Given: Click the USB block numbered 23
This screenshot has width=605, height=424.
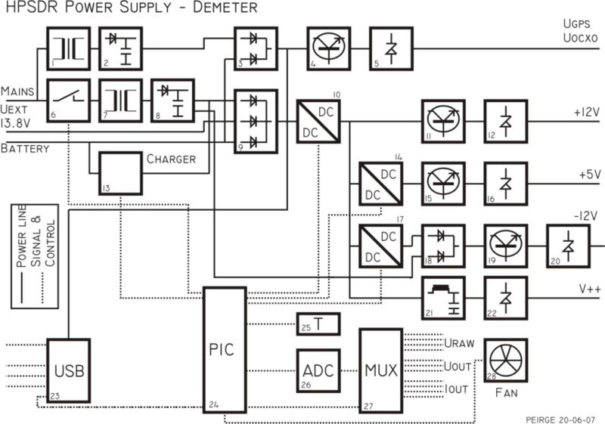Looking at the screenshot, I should coord(69,370).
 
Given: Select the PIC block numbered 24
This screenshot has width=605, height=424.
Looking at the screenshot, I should coord(223,350).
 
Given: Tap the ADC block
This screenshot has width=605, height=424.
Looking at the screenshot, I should coord(318,371).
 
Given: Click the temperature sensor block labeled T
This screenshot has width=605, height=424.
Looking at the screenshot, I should coord(318,324).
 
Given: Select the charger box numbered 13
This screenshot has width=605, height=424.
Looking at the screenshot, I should coord(119,173).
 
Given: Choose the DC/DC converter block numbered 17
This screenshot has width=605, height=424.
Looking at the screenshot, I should coord(381,246).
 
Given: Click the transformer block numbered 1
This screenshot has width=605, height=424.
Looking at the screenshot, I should coord(68,48).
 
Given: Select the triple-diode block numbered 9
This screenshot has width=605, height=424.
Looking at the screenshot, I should coord(255,121).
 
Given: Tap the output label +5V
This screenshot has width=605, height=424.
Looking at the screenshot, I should coord(588,174).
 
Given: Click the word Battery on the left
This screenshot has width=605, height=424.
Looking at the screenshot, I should coord(25,149).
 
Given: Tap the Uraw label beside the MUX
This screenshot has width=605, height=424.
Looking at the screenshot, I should coord(459,343).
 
